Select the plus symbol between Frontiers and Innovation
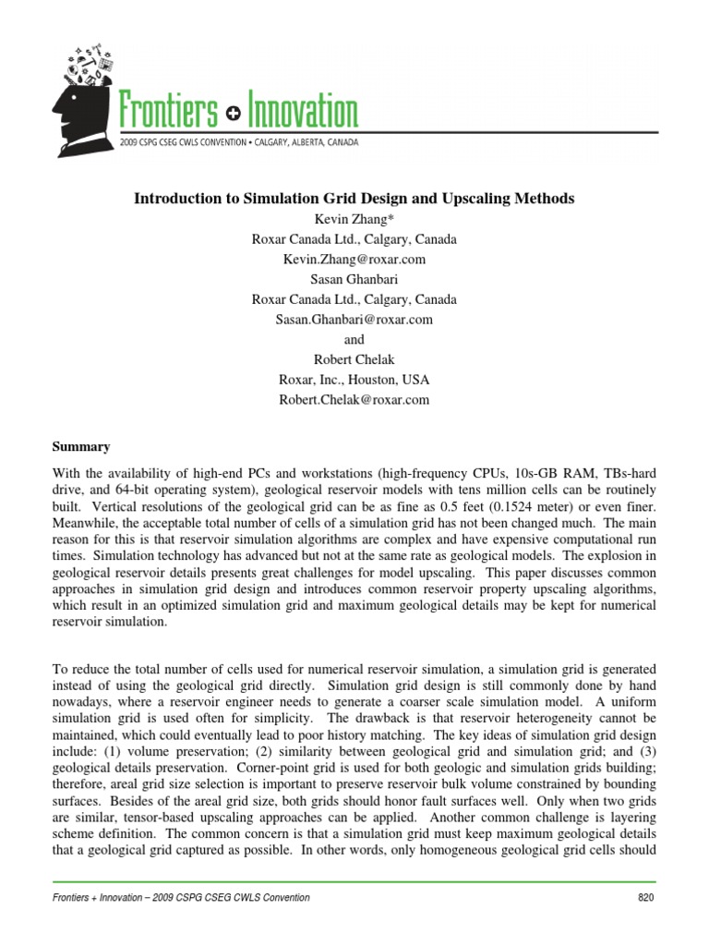233,114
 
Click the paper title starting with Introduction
354,199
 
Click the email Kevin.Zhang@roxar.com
354,260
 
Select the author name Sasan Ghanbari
354,280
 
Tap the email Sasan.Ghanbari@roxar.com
354,320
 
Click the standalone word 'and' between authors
354,340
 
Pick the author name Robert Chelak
354,360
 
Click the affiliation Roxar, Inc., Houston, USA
354,380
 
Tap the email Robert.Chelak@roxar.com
354,400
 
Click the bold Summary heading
81,446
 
